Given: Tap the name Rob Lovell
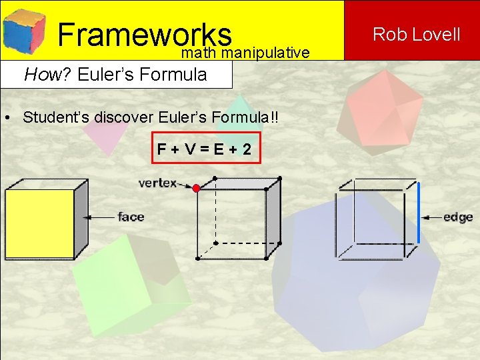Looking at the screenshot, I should click(x=416, y=34).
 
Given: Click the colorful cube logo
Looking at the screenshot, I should click(x=23, y=30).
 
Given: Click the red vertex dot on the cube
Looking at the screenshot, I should click(x=196, y=189).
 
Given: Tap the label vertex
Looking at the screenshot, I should click(x=157, y=182).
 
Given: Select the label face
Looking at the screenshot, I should click(x=131, y=217).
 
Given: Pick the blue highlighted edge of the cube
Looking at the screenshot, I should click(x=418, y=212).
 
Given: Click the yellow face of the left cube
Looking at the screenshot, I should click(x=39, y=223).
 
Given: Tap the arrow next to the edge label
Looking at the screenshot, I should click(x=432, y=217).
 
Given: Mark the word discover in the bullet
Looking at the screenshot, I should click(x=124, y=117).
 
